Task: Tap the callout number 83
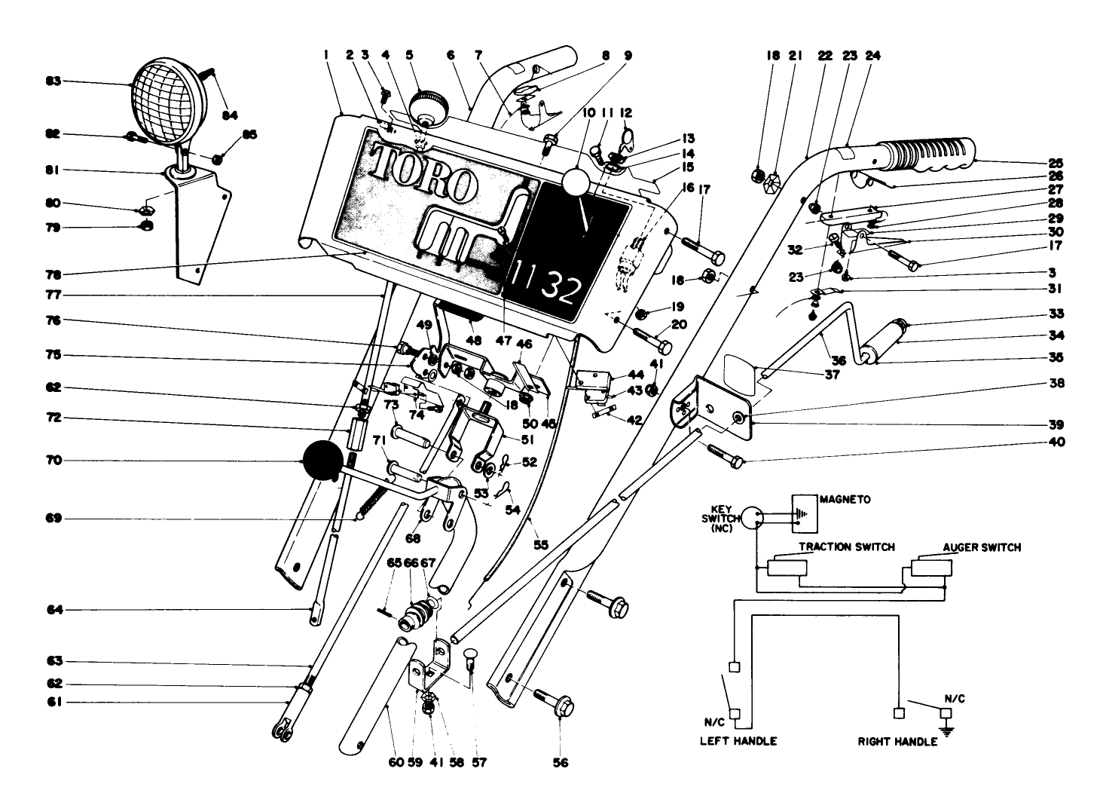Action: pyautogui.click(x=53, y=81)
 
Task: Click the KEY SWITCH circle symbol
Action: pyautogui.click(x=755, y=519)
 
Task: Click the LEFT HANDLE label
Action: pyautogui.click(x=738, y=741)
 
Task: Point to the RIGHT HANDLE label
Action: pyautogui.click(x=897, y=742)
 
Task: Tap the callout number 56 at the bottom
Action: pyautogui.click(x=560, y=762)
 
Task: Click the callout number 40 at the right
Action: pyautogui.click(x=1056, y=442)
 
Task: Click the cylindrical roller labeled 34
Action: pyautogui.click(x=888, y=341)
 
